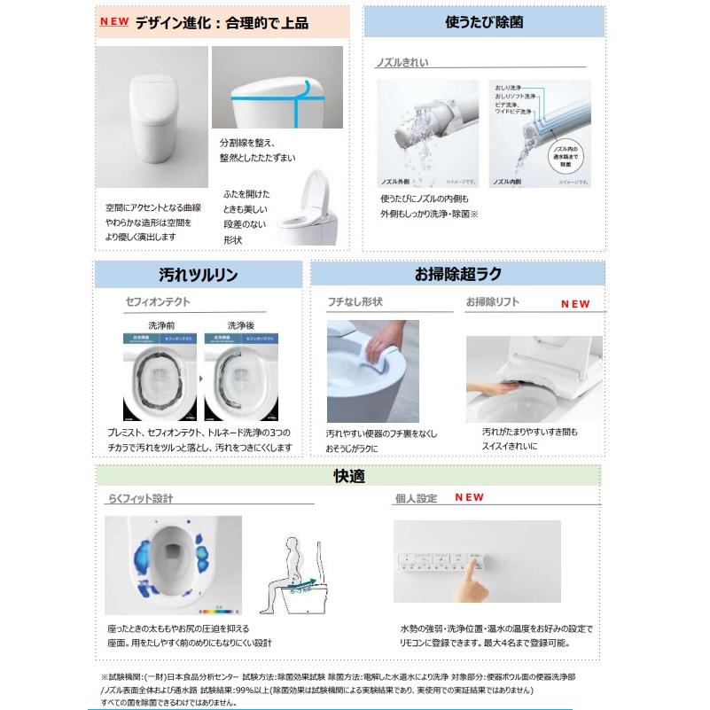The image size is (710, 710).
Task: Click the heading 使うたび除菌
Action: tap(483, 22)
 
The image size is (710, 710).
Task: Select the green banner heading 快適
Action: tap(348, 476)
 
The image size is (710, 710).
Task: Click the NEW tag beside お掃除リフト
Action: tap(574, 304)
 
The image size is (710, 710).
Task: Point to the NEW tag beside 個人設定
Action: tap(469, 498)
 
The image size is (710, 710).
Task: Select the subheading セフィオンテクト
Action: tap(157, 302)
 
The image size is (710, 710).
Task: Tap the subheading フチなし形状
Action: tap(355, 302)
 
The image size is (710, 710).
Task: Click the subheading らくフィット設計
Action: tap(138, 498)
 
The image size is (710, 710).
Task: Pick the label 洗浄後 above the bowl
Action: tap(240, 325)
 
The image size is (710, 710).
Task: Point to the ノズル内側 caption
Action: tap(506, 181)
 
